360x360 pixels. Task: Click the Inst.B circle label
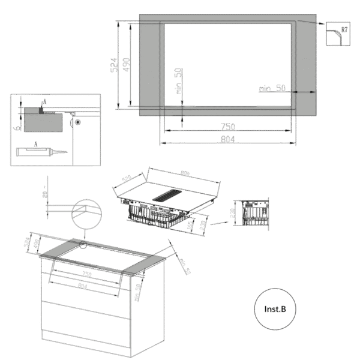275,309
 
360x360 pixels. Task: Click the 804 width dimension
227,140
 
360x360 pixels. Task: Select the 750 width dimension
227,126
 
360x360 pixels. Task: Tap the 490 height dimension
133,65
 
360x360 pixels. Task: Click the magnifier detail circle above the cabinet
86,214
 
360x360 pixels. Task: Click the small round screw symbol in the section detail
78,121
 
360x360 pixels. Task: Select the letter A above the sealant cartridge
37,143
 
